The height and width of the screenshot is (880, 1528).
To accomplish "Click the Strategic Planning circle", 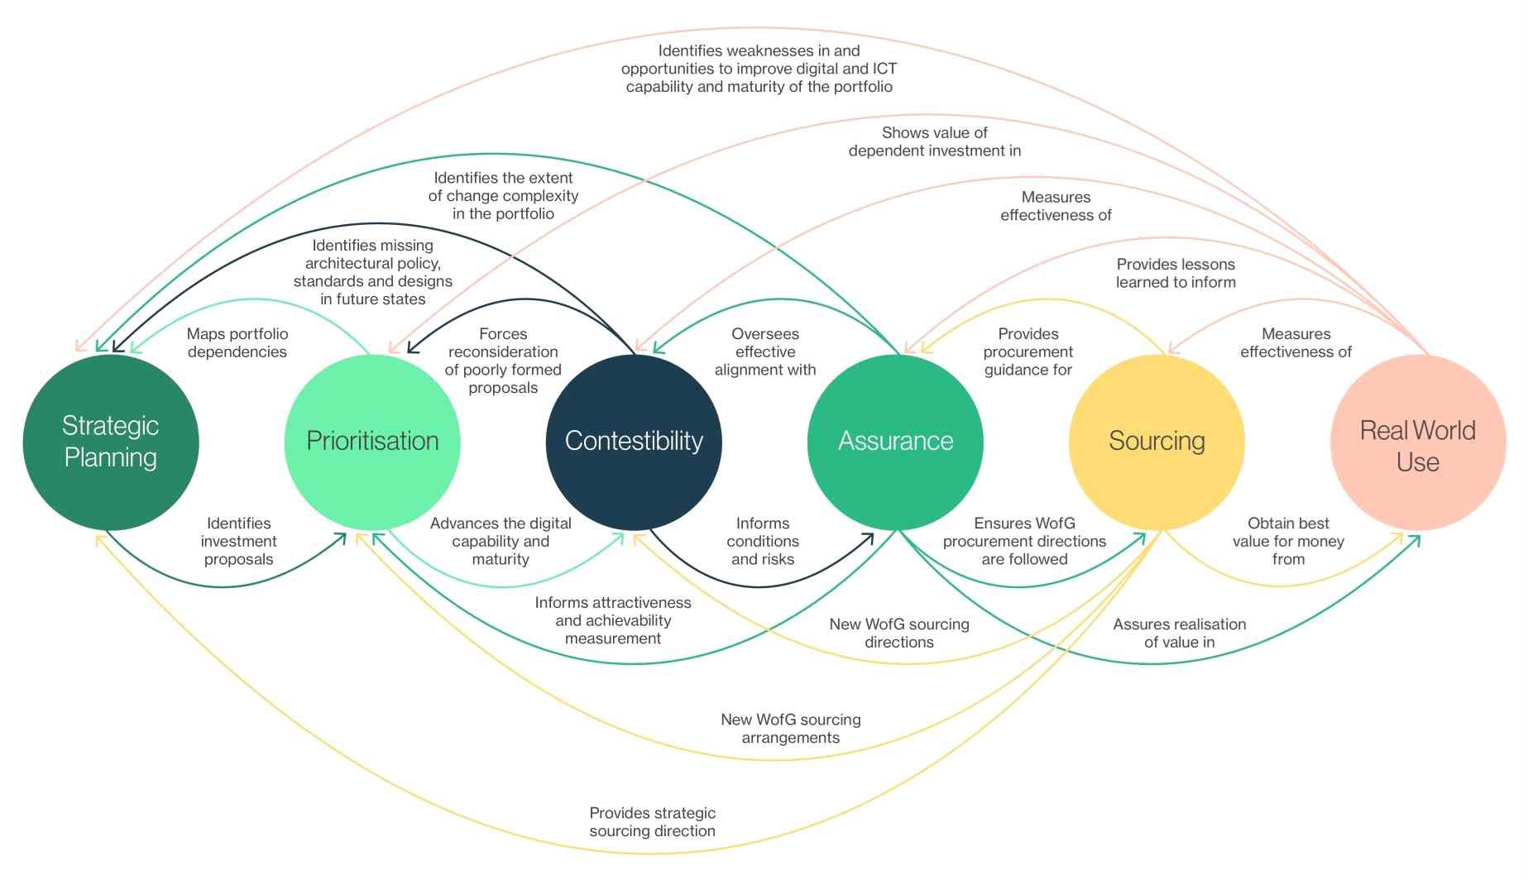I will [x=111, y=442].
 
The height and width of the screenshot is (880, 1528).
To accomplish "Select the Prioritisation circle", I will [x=372, y=442].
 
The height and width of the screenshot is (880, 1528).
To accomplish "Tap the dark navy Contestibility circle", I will [x=634, y=442].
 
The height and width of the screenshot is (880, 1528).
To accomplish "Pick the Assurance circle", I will [x=895, y=442].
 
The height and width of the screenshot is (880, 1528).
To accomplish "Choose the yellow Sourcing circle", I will [x=1157, y=442].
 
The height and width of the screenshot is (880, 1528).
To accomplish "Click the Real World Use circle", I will [x=1418, y=445].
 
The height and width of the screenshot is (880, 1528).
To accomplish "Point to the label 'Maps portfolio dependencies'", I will [x=237, y=342].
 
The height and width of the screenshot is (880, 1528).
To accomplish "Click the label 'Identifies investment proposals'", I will [x=238, y=541].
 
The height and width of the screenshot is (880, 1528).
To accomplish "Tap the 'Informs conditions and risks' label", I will [x=763, y=541].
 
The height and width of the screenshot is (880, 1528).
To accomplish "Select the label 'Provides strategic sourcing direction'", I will [x=652, y=822].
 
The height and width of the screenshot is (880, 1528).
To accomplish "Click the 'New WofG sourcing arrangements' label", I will [x=790, y=729].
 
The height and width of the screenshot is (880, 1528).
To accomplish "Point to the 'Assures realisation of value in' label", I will [x=1179, y=633].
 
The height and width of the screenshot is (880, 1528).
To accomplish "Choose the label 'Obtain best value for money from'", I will [x=1288, y=541].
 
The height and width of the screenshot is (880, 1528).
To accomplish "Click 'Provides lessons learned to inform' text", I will [x=1176, y=273].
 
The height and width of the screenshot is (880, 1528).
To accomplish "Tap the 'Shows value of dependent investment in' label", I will [x=935, y=141].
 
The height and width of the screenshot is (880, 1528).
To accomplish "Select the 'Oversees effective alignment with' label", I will [x=765, y=352].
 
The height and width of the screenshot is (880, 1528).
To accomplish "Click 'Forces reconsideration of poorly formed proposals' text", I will [x=503, y=361].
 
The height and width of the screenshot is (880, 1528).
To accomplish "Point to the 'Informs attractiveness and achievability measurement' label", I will [x=613, y=620].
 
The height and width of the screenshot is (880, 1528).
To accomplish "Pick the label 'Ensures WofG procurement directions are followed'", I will [x=1024, y=541].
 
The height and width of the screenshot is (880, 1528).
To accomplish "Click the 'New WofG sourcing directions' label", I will [x=899, y=633].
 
